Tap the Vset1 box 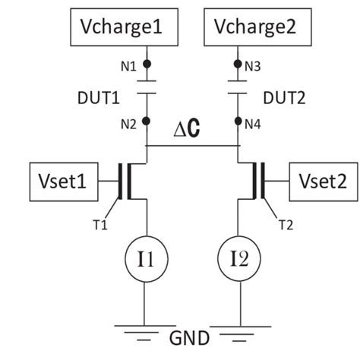click(x=65, y=182)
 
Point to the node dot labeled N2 click(x=147, y=122)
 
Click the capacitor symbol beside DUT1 click(x=147, y=93)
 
